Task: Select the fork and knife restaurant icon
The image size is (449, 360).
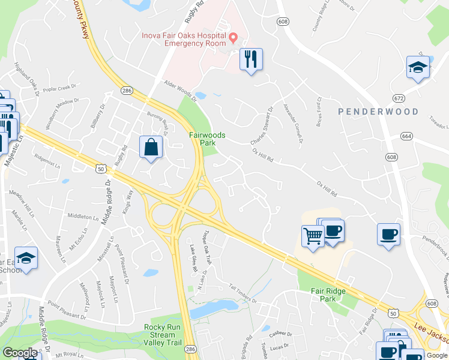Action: pos(250,59)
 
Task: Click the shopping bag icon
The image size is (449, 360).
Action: pos(151,147)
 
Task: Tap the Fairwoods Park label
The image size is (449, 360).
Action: pos(208,139)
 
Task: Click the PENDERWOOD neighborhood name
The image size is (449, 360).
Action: pos(378,112)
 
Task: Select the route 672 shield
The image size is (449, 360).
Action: pos(399,98)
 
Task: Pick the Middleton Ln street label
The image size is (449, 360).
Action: pos(82,216)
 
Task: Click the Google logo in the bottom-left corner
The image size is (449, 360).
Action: pos(20,353)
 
